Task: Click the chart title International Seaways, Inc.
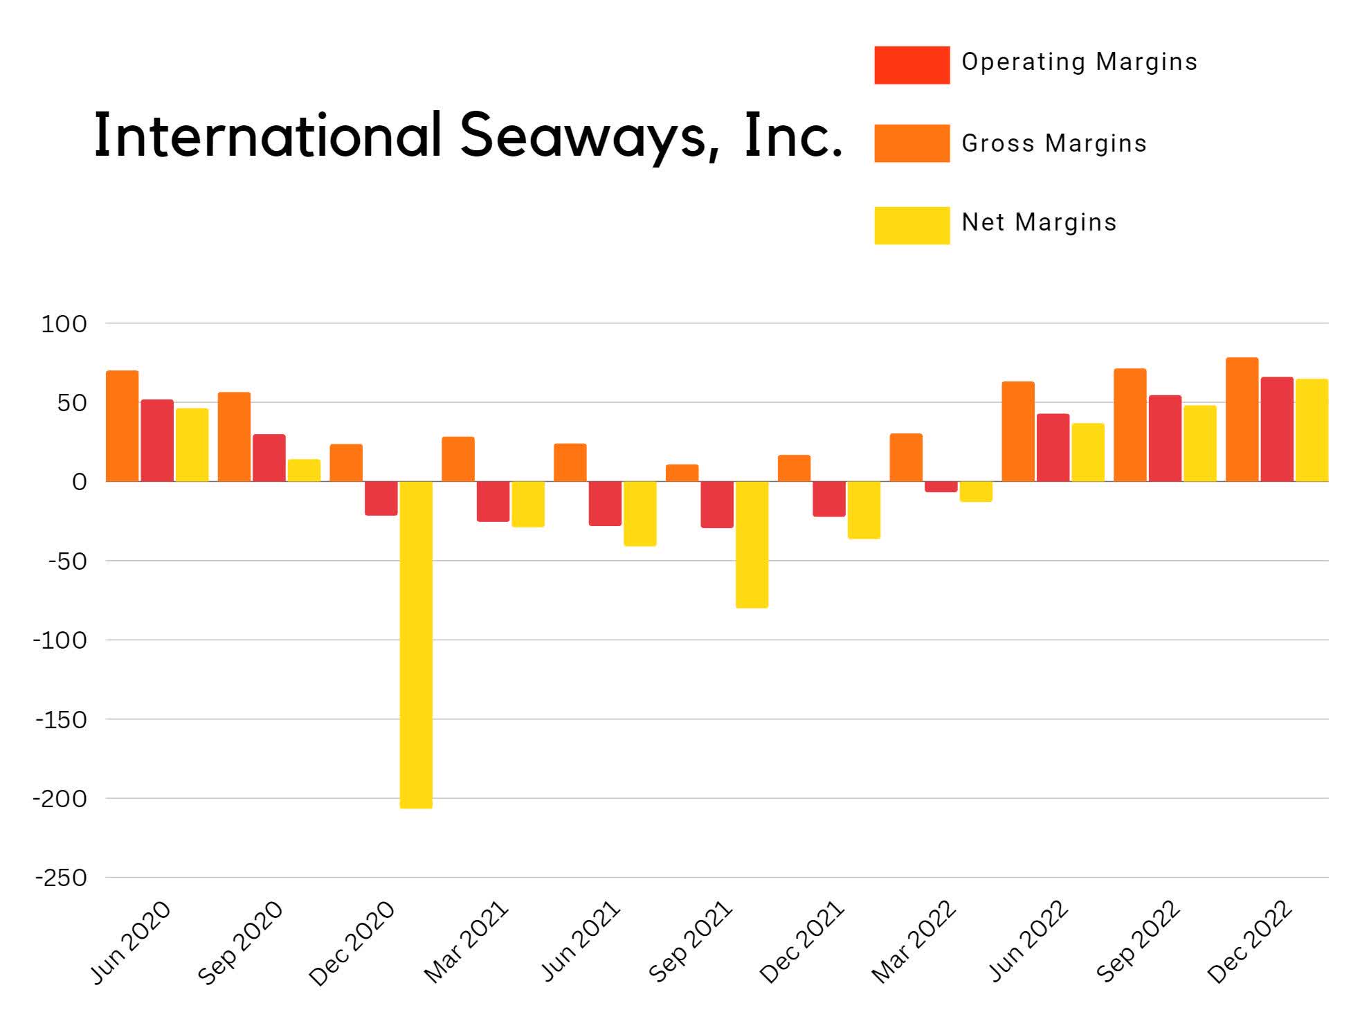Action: click(468, 136)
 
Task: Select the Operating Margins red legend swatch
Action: click(911, 65)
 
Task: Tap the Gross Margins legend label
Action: click(1053, 143)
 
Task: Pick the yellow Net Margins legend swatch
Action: click(911, 225)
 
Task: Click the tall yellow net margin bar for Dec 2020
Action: click(416, 644)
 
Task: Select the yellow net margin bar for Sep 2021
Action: click(751, 544)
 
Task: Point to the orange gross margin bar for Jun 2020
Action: click(122, 426)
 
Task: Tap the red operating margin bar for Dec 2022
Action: click(1276, 429)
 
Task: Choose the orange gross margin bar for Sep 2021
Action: click(682, 473)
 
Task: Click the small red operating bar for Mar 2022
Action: click(941, 487)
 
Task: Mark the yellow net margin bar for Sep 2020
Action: click(304, 470)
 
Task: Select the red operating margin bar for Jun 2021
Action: click(605, 503)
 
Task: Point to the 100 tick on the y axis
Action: click(64, 323)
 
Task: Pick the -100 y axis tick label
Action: click(61, 640)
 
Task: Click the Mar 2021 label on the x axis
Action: click(466, 943)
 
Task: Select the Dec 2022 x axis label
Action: click(1250, 943)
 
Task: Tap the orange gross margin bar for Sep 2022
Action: click(1130, 425)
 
